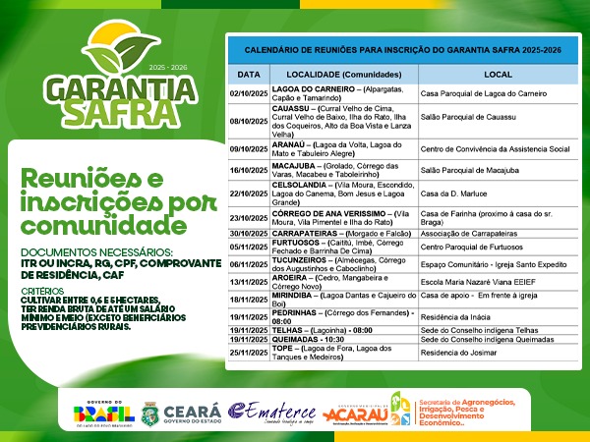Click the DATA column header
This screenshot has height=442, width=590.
click(x=249, y=75)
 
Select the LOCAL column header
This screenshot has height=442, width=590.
click(x=498, y=75)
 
